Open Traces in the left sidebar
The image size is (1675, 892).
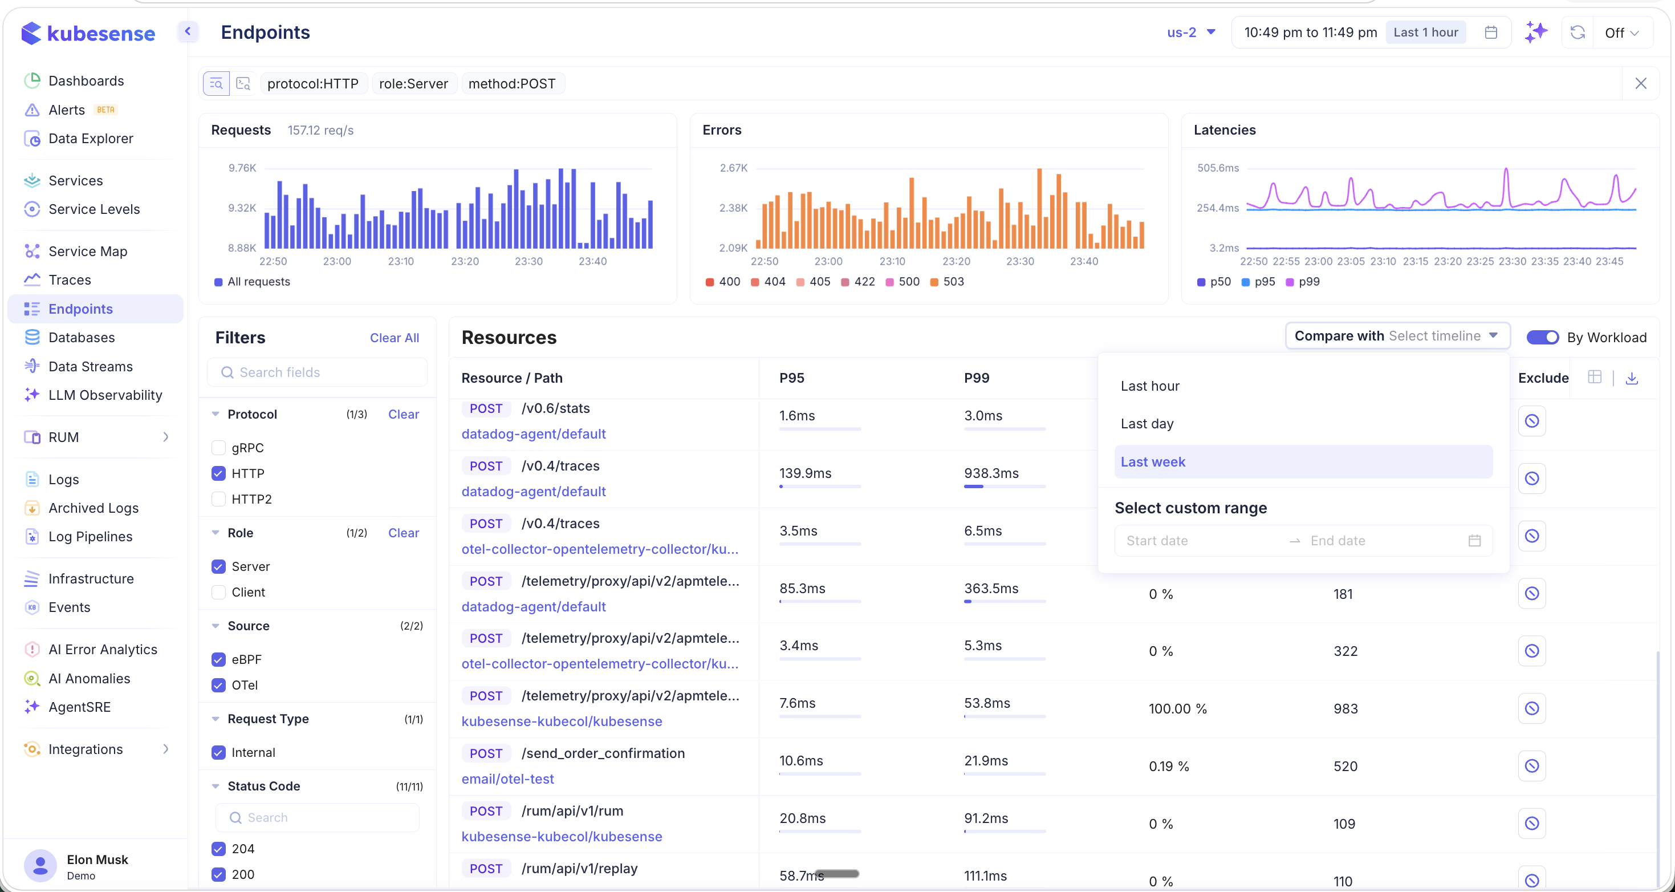coord(70,280)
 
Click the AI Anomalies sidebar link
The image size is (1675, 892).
coord(89,679)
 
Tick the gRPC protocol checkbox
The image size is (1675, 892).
coord(218,448)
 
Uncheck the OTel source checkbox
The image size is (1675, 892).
coord(218,685)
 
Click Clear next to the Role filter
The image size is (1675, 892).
coord(403,533)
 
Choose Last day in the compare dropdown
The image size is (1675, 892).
coord(1147,424)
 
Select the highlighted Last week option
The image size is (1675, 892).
coord(1153,462)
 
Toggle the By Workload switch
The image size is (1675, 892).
coord(1542,337)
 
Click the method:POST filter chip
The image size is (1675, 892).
coord(512,84)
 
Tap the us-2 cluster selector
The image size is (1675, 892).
coord(1190,33)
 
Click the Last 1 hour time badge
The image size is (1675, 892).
coord(1425,33)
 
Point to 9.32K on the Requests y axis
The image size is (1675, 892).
coord(242,208)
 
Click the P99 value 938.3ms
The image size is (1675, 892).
coord(991,473)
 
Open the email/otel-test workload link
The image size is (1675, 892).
coord(507,779)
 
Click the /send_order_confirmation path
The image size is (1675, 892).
coord(603,753)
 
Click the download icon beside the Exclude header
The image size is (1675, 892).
coord(1632,378)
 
